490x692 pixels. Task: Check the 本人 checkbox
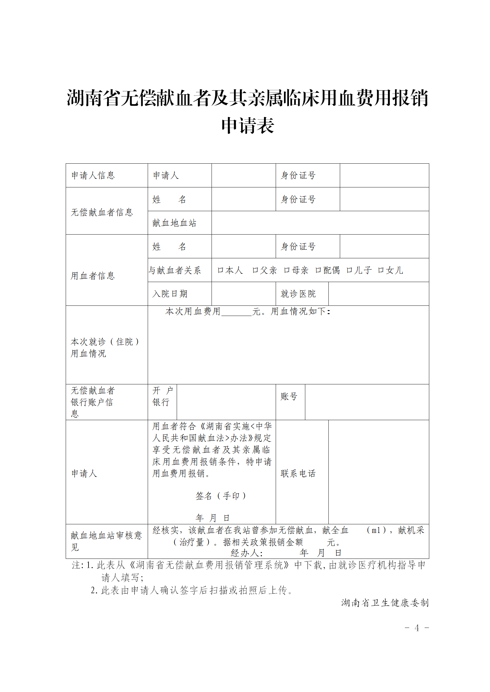tap(220, 270)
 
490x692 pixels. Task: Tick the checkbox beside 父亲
tap(255, 270)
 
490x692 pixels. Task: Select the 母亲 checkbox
tap(286, 270)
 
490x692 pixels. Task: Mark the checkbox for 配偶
tap(318, 270)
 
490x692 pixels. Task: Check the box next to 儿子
tap(349, 270)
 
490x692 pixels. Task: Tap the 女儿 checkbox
tap(381, 270)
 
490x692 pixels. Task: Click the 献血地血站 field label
tap(174, 223)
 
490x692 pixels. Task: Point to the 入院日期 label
tap(170, 294)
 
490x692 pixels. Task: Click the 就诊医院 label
tap(298, 294)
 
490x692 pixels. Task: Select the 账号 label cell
tap(289, 396)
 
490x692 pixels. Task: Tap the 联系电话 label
tap(298, 473)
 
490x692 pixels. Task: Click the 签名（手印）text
tap(221, 496)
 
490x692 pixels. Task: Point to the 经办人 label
tap(246, 553)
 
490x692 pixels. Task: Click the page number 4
tap(417, 628)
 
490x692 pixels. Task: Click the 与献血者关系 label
tap(175, 270)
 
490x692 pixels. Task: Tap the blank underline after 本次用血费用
tap(237, 312)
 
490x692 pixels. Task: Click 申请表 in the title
tap(248, 125)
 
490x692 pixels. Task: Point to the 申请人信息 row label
tap(93, 175)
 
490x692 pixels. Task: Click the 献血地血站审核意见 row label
tap(106, 541)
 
